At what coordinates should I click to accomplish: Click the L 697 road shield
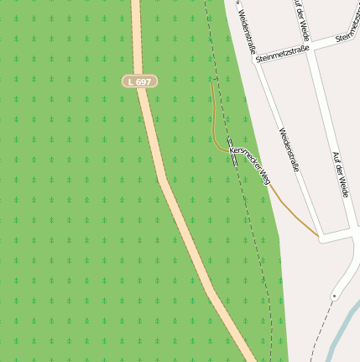(x=138, y=81)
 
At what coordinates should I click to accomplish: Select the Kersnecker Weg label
(x=250, y=163)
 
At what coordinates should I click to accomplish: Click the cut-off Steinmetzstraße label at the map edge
(x=347, y=37)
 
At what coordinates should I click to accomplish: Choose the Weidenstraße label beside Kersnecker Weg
(x=289, y=150)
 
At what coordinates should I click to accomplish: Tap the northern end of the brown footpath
(x=211, y=85)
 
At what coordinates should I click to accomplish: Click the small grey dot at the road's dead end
(x=334, y=296)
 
